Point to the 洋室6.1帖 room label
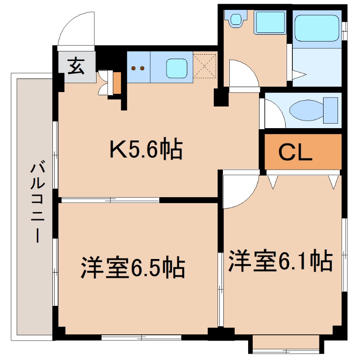point(280,261)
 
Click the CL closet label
point(295,153)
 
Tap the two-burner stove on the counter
point(138,68)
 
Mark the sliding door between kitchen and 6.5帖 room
point(111,199)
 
